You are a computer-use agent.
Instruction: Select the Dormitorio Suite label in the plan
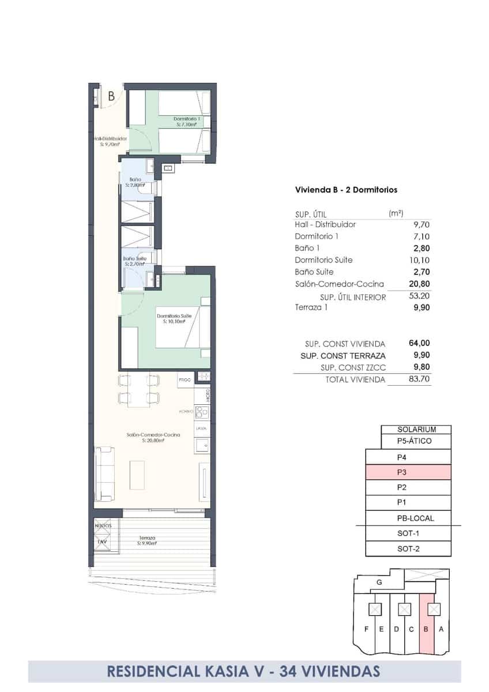pos(174,319)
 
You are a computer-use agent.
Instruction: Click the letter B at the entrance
pos(111,96)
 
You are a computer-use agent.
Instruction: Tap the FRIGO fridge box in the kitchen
pos(185,380)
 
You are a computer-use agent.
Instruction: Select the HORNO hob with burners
pos(202,412)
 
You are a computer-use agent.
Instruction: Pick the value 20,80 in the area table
pos(419,284)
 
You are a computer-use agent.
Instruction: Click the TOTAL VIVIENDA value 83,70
pos(419,379)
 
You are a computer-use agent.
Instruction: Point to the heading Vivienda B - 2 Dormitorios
pos(345,189)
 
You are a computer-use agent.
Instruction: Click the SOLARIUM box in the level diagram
pos(416,430)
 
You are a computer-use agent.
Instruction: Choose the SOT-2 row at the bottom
pos(408,548)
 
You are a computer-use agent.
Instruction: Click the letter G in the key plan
pos(379,582)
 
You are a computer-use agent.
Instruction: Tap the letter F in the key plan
pos(366,629)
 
